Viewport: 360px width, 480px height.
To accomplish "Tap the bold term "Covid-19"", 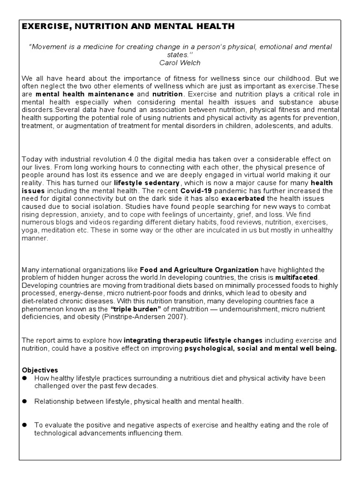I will point(195,191).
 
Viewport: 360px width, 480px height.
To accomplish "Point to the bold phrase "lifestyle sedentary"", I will point(147,183).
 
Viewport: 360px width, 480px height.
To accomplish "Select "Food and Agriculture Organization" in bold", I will point(199,270).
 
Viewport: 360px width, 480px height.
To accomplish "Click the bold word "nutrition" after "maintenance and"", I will point(167,94).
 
